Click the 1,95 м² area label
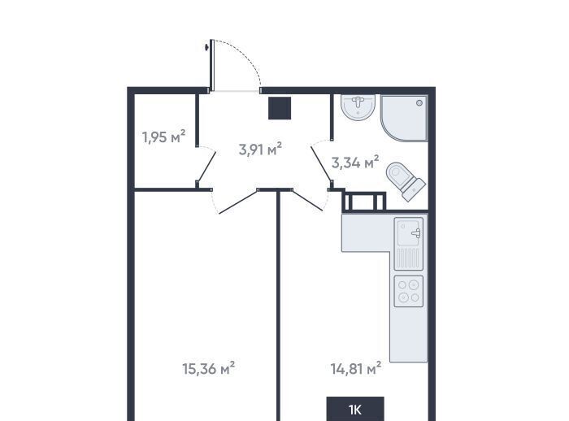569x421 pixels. pyautogui.click(x=163, y=137)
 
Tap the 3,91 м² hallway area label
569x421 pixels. pyautogui.click(x=260, y=149)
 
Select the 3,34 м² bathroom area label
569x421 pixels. pyautogui.click(x=355, y=163)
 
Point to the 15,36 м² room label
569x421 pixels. pyautogui.click(x=208, y=368)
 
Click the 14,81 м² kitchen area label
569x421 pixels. pyautogui.click(x=356, y=368)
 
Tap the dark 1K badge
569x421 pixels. pyautogui.click(x=355, y=409)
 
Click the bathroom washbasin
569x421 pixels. pyautogui.click(x=358, y=106)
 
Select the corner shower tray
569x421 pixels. pyautogui.click(x=404, y=118)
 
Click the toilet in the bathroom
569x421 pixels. pyautogui.click(x=406, y=181)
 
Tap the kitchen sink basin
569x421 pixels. pyautogui.click(x=409, y=232)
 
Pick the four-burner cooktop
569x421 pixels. pyautogui.click(x=409, y=291)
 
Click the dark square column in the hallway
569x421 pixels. pyautogui.click(x=280, y=108)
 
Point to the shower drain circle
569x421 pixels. pyautogui.click(x=419, y=102)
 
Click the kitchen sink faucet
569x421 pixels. pyautogui.click(x=416, y=233)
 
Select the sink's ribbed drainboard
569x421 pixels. pyautogui.click(x=409, y=258)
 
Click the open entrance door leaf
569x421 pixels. pyautogui.click(x=212, y=64)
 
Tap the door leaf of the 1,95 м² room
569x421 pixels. pyautogui.click(x=206, y=167)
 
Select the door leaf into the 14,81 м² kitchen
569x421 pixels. pyautogui.click(x=307, y=200)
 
